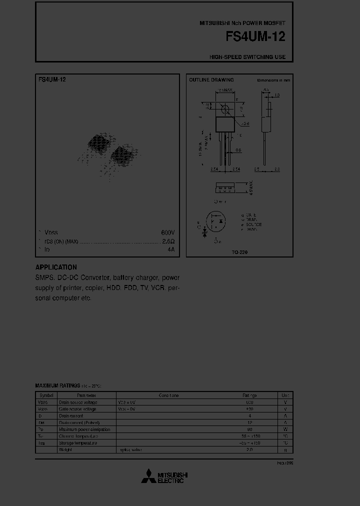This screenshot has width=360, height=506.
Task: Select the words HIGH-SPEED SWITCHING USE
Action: point(247,57)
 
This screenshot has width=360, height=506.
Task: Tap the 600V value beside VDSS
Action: point(167,233)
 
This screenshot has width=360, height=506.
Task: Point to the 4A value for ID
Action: point(171,249)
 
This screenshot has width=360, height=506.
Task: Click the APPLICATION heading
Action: point(56,267)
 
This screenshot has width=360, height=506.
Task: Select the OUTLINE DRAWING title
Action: point(211,80)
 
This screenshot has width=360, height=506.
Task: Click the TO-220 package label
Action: point(239,252)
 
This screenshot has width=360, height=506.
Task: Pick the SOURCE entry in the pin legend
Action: point(253,224)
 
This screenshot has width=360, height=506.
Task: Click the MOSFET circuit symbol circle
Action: point(217,221)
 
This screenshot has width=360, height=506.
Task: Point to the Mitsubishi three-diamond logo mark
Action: point(148,477)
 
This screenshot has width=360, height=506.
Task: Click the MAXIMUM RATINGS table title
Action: point(57,385)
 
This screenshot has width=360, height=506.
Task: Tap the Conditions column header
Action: point(168,395)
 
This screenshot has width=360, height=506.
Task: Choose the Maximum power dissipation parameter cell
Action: point(84,429)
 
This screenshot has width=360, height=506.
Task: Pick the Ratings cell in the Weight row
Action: point(249,449)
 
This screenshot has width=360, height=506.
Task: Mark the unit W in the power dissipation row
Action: point(285,429)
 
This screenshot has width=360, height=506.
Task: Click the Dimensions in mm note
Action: point(273,80)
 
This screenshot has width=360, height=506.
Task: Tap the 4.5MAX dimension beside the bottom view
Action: point(251,187)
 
